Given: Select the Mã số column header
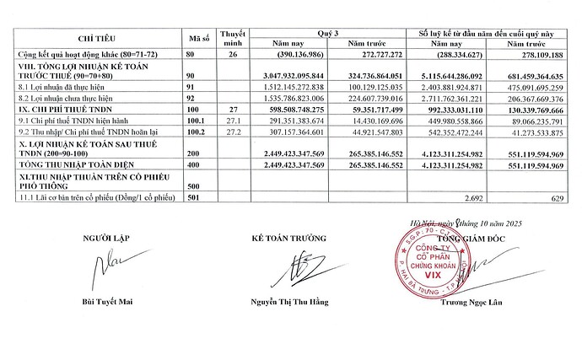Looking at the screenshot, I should pyautogui.click(x=197, y=39).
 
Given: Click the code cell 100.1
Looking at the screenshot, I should pyautogui.click(x=197, y=121).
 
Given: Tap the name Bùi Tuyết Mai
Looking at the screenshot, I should pyautogui.click(x=113, y=300).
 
